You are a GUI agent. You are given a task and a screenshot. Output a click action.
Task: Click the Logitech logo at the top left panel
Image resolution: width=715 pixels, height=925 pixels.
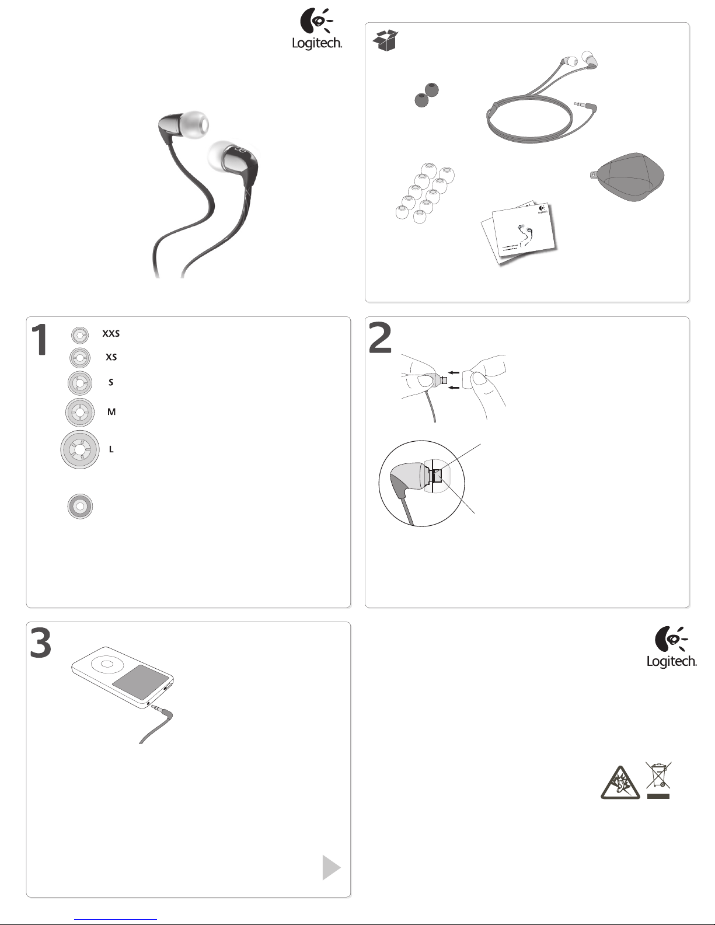(x=317, y=29)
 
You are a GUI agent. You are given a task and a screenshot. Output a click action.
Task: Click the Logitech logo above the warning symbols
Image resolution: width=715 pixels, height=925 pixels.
(x=672, y=647)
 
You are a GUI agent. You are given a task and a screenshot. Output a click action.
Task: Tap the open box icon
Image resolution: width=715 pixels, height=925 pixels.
(x=385, y=40)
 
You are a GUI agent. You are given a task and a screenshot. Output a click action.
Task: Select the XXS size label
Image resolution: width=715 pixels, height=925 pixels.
(x=111, y=333)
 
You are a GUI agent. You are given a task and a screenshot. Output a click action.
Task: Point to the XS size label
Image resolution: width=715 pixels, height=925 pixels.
(x=111, y=357)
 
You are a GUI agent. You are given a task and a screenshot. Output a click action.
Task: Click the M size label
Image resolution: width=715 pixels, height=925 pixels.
(x=111, y=411)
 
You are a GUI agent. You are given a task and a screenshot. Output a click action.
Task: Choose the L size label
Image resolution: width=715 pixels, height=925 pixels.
(x=111, y=449)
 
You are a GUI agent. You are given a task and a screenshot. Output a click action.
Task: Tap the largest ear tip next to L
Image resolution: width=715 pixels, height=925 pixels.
(x=80, y=449)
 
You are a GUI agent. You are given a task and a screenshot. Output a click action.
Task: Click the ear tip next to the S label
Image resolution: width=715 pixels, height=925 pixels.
(x=79, y=383)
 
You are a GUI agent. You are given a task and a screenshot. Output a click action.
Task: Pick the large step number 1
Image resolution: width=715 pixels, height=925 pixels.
(x=40, y=339)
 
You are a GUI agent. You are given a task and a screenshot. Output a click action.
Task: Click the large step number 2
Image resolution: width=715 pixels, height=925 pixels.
(x=379, y=337)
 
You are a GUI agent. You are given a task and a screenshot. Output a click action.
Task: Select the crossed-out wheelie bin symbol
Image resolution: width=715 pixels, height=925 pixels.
(x=658, y=780)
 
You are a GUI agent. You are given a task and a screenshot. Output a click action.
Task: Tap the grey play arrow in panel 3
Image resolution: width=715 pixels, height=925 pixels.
(x=332, y=867)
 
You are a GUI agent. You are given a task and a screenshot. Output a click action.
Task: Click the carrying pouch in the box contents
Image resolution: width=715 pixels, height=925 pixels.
(x=627, y=177)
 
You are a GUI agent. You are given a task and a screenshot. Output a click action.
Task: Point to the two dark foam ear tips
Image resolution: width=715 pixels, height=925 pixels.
(x=427, y=95)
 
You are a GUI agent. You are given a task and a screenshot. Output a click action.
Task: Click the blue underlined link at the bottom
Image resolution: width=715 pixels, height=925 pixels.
(x=116, y=919)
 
